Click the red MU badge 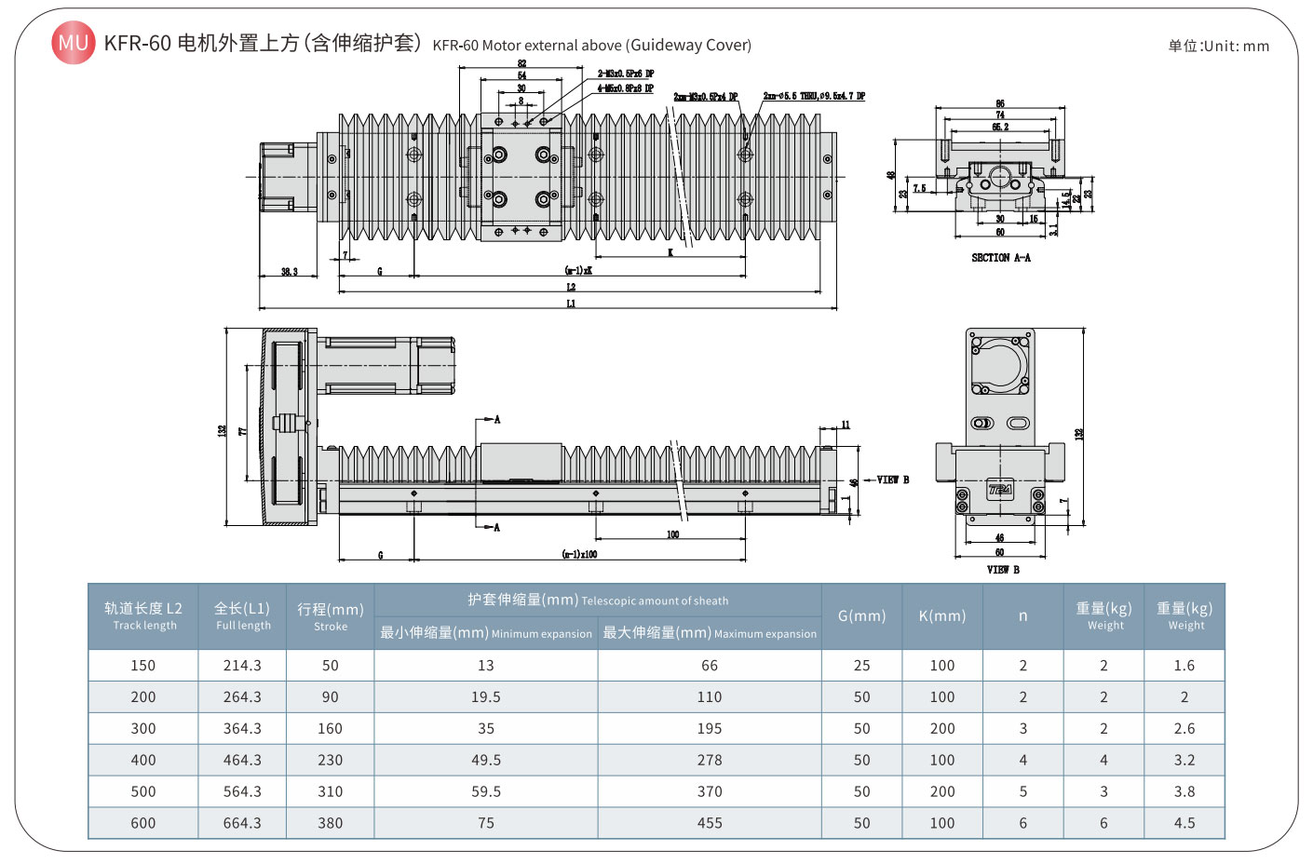73,43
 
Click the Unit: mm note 1218,46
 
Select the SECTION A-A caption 1000,258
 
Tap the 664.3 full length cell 242,823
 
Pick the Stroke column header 330,616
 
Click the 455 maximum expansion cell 709,823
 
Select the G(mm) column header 861,616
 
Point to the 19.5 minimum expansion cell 485,697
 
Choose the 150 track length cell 143,666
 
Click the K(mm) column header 941,616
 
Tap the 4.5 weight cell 1184,823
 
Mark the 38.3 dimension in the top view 290,272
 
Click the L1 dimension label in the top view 571,304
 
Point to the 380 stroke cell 330,823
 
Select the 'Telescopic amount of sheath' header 598,601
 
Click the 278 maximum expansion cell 709,761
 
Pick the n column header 1022,616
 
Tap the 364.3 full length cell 242,729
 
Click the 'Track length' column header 143,616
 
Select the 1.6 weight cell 1184,666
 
